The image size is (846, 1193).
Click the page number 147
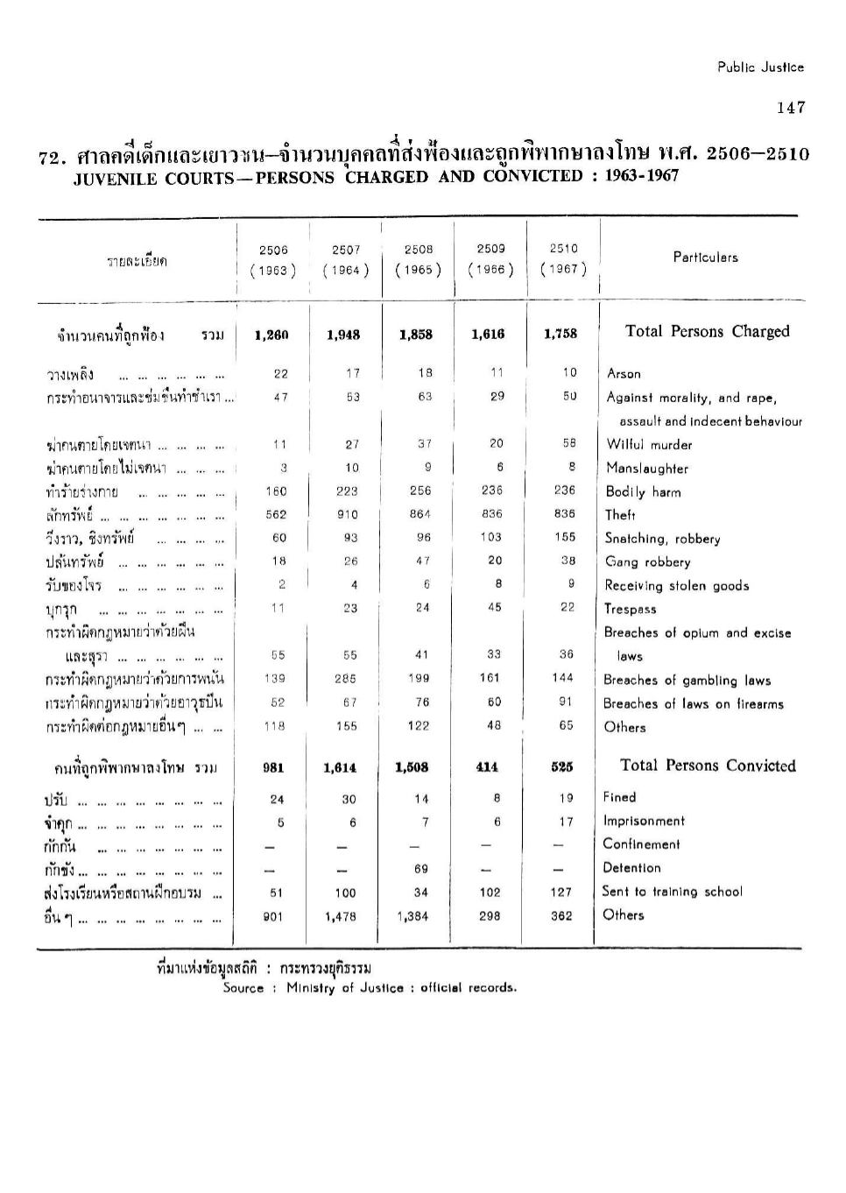pyautogui.click(x=790, y=108)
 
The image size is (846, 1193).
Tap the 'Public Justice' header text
pyautogui.click(x=760, y=67)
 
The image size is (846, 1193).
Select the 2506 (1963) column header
pyautogui.click(x=273, y=259)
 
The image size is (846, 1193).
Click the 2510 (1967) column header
pyautogui.click(x=563, y=258)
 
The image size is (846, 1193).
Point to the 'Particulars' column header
pyautogui.click(x=705, y=258)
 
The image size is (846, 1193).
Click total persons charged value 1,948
pyautogui.click(x=343, y=335)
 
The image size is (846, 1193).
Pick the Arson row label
pyautogui.click(x=624, y=374)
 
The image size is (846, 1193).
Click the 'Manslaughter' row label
pyautogui.click(x=647, y=469)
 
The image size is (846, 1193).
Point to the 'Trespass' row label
pyautogui.click(x=630, y=610)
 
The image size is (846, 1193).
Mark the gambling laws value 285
pyautogui.click(x=346, y=678)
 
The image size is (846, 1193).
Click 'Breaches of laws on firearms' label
pyautogui.click(x=693, y=704)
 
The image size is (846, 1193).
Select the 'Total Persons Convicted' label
pyautogui.click(x=708, y=766)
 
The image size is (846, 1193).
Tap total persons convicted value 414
pyautogui.click(x=487, y=767)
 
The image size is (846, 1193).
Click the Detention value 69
pyautogui.click(x=421, y=868)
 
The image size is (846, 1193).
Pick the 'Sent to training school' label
pyautogui.click(x=672, y=892)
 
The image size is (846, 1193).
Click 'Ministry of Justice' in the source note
pyautogui.click(x=345, y=988)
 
